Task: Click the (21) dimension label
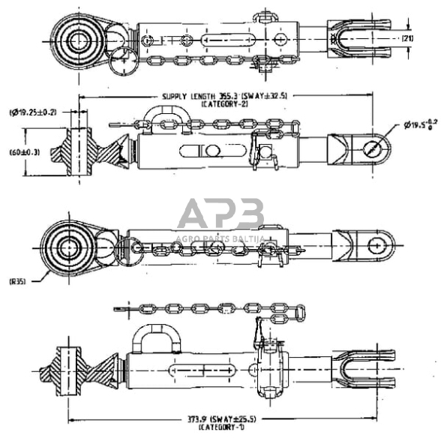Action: pyautogui.click(x=407, y=37)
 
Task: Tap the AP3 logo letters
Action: pyautogui.click(x=220, y=214)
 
